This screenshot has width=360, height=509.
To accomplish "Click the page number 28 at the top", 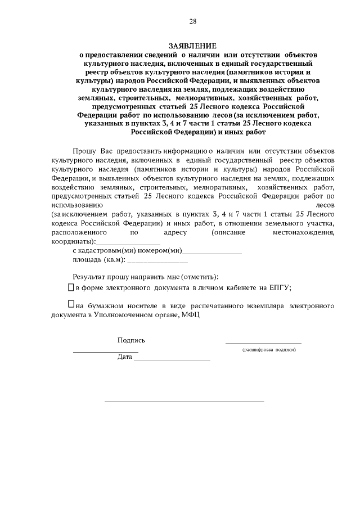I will coord(192,22).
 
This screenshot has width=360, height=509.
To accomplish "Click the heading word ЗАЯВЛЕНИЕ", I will coord(192,46).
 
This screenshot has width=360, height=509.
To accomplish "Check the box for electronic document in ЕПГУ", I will coord(70,287).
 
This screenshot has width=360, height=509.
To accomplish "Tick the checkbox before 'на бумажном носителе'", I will coord(70,304).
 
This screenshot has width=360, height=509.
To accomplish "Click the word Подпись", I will coord(131,340).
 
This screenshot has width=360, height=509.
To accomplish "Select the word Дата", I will coord(124,357).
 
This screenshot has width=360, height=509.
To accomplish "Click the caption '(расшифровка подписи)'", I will coord(269,350).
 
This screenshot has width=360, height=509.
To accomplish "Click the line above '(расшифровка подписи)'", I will coord(263,343).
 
